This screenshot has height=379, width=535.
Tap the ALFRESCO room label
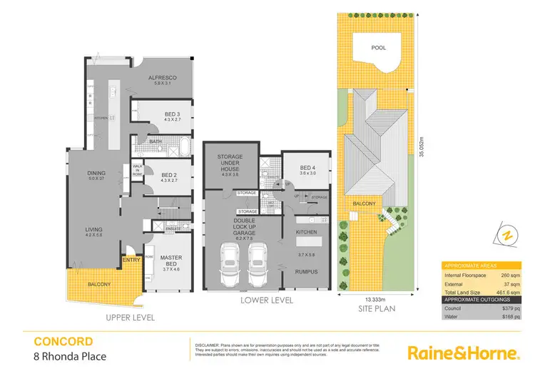click(162, 78)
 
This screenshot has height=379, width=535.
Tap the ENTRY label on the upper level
click(131, 260)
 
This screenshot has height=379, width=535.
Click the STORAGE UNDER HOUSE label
click(230, 161)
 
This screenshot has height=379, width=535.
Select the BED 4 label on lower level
click(308, 167)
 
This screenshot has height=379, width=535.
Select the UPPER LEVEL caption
click(131, 318)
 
